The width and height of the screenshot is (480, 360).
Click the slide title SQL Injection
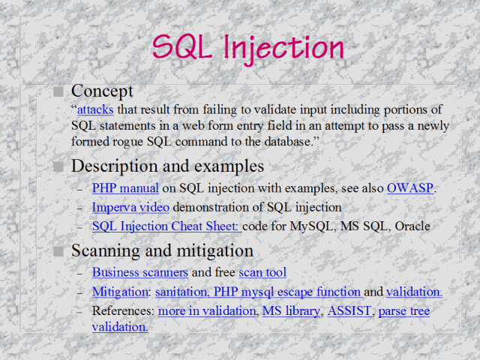pos(248,47)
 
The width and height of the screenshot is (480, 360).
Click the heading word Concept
pos(102,91)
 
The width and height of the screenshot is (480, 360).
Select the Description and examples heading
pos(167,166)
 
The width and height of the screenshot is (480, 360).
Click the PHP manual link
pos(125,188)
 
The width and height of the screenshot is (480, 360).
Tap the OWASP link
pos(410,188)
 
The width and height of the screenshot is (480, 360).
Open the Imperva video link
pos(130,207)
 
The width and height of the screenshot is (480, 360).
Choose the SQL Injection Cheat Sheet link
pos(166,226)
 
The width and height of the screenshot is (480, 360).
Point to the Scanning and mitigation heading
pos(162,250)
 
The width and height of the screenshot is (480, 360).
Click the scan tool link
pos(262,273)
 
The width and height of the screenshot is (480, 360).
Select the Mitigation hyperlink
pos(120,292)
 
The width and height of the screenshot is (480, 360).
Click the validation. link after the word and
pos(414,292)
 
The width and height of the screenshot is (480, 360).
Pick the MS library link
pos(291,310)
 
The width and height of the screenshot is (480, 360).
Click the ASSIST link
pos(349,310)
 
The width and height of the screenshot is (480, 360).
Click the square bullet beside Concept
pos(59,91)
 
